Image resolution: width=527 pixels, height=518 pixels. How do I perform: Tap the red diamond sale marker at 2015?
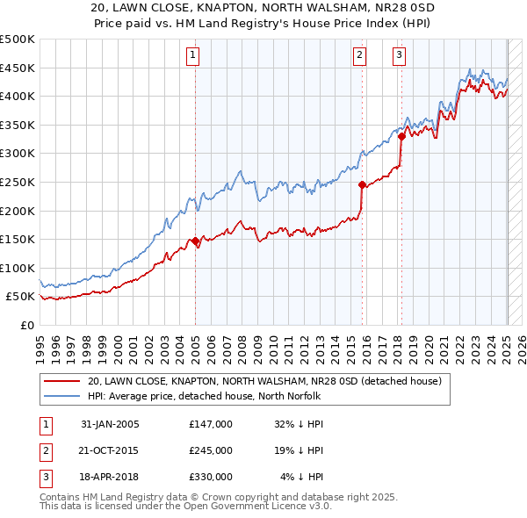362,184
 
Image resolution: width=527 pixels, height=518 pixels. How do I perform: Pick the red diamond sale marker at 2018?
401,136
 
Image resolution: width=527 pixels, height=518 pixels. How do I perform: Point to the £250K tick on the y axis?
18,182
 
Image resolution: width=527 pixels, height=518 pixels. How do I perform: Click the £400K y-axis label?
18,96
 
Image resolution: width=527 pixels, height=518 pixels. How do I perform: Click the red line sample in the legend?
62,381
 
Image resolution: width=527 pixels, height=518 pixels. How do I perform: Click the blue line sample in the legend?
62,395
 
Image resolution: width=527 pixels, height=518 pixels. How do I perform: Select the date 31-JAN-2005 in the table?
110,424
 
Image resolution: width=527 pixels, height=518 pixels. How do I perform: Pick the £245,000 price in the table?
210,450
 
